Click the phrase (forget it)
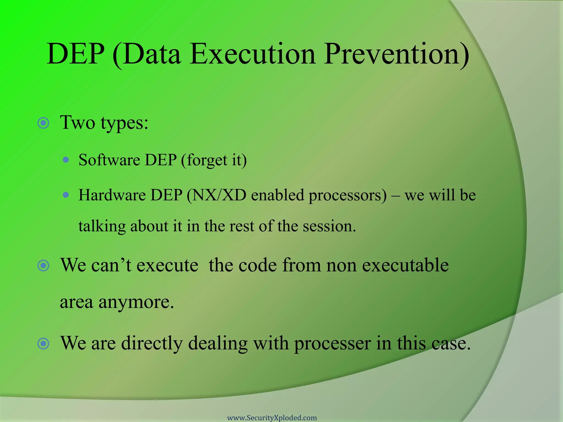tap(214, 160)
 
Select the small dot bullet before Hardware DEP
tap(66, 195)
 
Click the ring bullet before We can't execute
tap(43, 265)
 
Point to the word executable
tap(405, 265)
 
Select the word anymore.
tap(136, 302)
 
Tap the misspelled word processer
tap(332, 344)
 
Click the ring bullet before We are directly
tap(43, 343)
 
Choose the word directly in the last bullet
tap(152, 344)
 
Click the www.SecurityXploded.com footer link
tap(272, 418)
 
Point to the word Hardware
tap(112, 195)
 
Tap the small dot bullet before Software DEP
tap(66, 160)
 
